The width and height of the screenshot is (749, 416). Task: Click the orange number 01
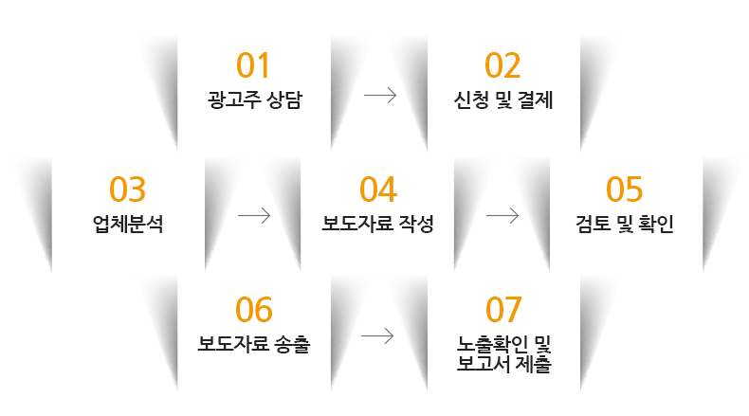click(253, 65)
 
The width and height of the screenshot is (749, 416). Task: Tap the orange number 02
click(502, 65)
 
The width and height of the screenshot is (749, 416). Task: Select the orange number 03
click(127, 190)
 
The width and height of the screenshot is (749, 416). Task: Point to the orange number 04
click(378, 190)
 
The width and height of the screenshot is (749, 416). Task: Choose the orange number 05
click(625, 190)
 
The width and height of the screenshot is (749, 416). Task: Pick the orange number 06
click(254, 310)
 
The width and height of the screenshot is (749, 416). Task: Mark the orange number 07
click(503, 310)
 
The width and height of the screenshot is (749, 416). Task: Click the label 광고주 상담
click(255, 100)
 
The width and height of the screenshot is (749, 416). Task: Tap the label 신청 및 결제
click(503, 100)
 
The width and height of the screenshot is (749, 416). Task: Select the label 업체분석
click(128, 224)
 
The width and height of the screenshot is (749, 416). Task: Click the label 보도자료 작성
click(377, 224)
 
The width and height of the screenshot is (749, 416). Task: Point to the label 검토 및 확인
click(625, 224)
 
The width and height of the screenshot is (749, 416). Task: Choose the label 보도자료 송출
click(254, 344)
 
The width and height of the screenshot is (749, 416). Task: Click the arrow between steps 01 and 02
click(380, 96)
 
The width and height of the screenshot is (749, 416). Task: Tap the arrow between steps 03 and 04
click(254, 216)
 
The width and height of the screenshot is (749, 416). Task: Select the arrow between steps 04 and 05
click(502, 216)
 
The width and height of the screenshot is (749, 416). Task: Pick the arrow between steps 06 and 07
click(377, 336)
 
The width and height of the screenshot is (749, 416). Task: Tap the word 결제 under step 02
click(536, 100)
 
